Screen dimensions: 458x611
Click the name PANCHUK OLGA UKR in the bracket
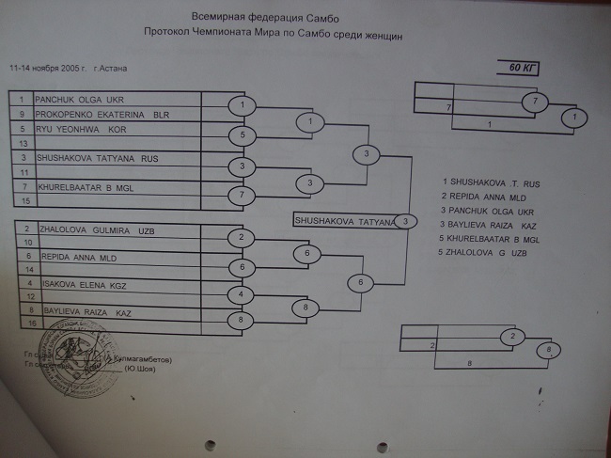(80, 99)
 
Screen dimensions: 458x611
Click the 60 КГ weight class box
(520, 67)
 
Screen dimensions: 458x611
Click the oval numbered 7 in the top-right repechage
(534, 100)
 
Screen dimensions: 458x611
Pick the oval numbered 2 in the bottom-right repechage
(513, 336)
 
